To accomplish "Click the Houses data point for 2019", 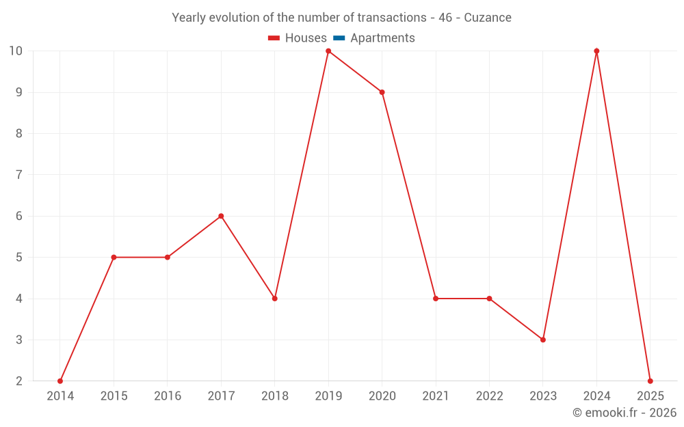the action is coord(328,51).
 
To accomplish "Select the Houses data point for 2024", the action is coord(596,51).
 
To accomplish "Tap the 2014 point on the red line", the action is coord(60,381).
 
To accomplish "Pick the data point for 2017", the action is coord(221,216).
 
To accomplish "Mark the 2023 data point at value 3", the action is coord(543,340).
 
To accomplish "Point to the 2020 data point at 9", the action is coord(382,92).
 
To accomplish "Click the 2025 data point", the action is coord(650,381).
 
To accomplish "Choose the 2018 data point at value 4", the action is coord(274,299).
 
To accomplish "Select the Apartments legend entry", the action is coord(382,38).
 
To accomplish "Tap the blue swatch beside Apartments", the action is coord(339,38).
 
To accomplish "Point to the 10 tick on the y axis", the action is coord(16,51).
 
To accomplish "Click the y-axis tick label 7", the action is coord(19,175).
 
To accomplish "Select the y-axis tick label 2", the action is coord(19,381).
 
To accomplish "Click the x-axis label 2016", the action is coord(168,396).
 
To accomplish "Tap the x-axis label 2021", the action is coord(436,396).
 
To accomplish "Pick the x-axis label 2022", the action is coord(489,396).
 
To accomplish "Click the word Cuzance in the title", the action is coord(488,18).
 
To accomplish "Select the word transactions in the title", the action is coord(391,18).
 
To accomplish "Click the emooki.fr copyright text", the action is coord(624,413).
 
